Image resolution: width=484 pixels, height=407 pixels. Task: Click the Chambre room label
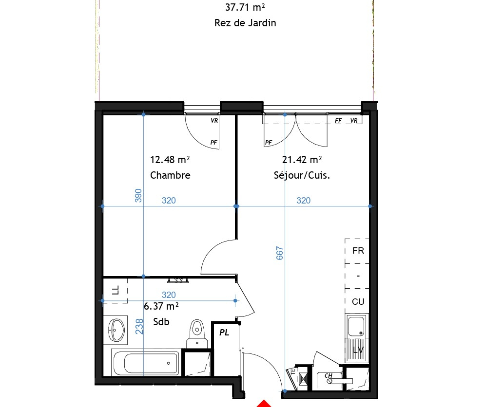pos(170,175)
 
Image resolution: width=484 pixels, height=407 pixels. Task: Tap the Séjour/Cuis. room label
pos(302,175)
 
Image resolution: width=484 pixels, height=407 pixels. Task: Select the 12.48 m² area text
pos(170,160)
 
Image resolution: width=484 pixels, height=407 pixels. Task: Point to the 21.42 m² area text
pos(302,160)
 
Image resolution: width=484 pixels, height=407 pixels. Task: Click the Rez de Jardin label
pos(245,23)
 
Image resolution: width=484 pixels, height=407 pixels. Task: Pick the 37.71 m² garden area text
pos(245,7)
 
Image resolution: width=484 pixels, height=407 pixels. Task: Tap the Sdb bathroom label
pos(161,322)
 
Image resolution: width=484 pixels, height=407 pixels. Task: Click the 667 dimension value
pos(280,253)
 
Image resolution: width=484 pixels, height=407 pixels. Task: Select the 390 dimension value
pos(138,196)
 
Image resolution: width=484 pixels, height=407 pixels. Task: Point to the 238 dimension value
pos(139,326)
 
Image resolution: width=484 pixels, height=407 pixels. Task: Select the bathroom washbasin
pos(116,330)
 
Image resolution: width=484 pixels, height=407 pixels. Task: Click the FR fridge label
pos(358,251)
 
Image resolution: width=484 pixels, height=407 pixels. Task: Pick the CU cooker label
pos(358,301)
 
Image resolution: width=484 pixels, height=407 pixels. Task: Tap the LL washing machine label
pos(115,290)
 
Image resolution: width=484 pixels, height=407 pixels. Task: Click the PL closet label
pos(224,333)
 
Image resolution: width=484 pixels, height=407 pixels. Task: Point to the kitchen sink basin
pos(356,326)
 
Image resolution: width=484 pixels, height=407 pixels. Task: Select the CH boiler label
pos(329,375)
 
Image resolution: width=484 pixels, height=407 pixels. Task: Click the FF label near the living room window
pos(338,121)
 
